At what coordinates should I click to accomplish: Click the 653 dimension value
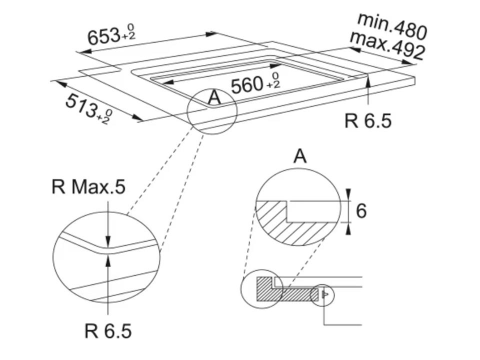coord(103,36)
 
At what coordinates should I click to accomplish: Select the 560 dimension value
coord(247,85)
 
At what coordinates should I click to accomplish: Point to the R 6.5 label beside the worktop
coord(368,120)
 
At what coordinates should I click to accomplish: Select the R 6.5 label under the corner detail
coord(108,330)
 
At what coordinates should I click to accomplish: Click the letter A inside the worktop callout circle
coord(214,98)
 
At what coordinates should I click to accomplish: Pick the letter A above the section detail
coord(299,156)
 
